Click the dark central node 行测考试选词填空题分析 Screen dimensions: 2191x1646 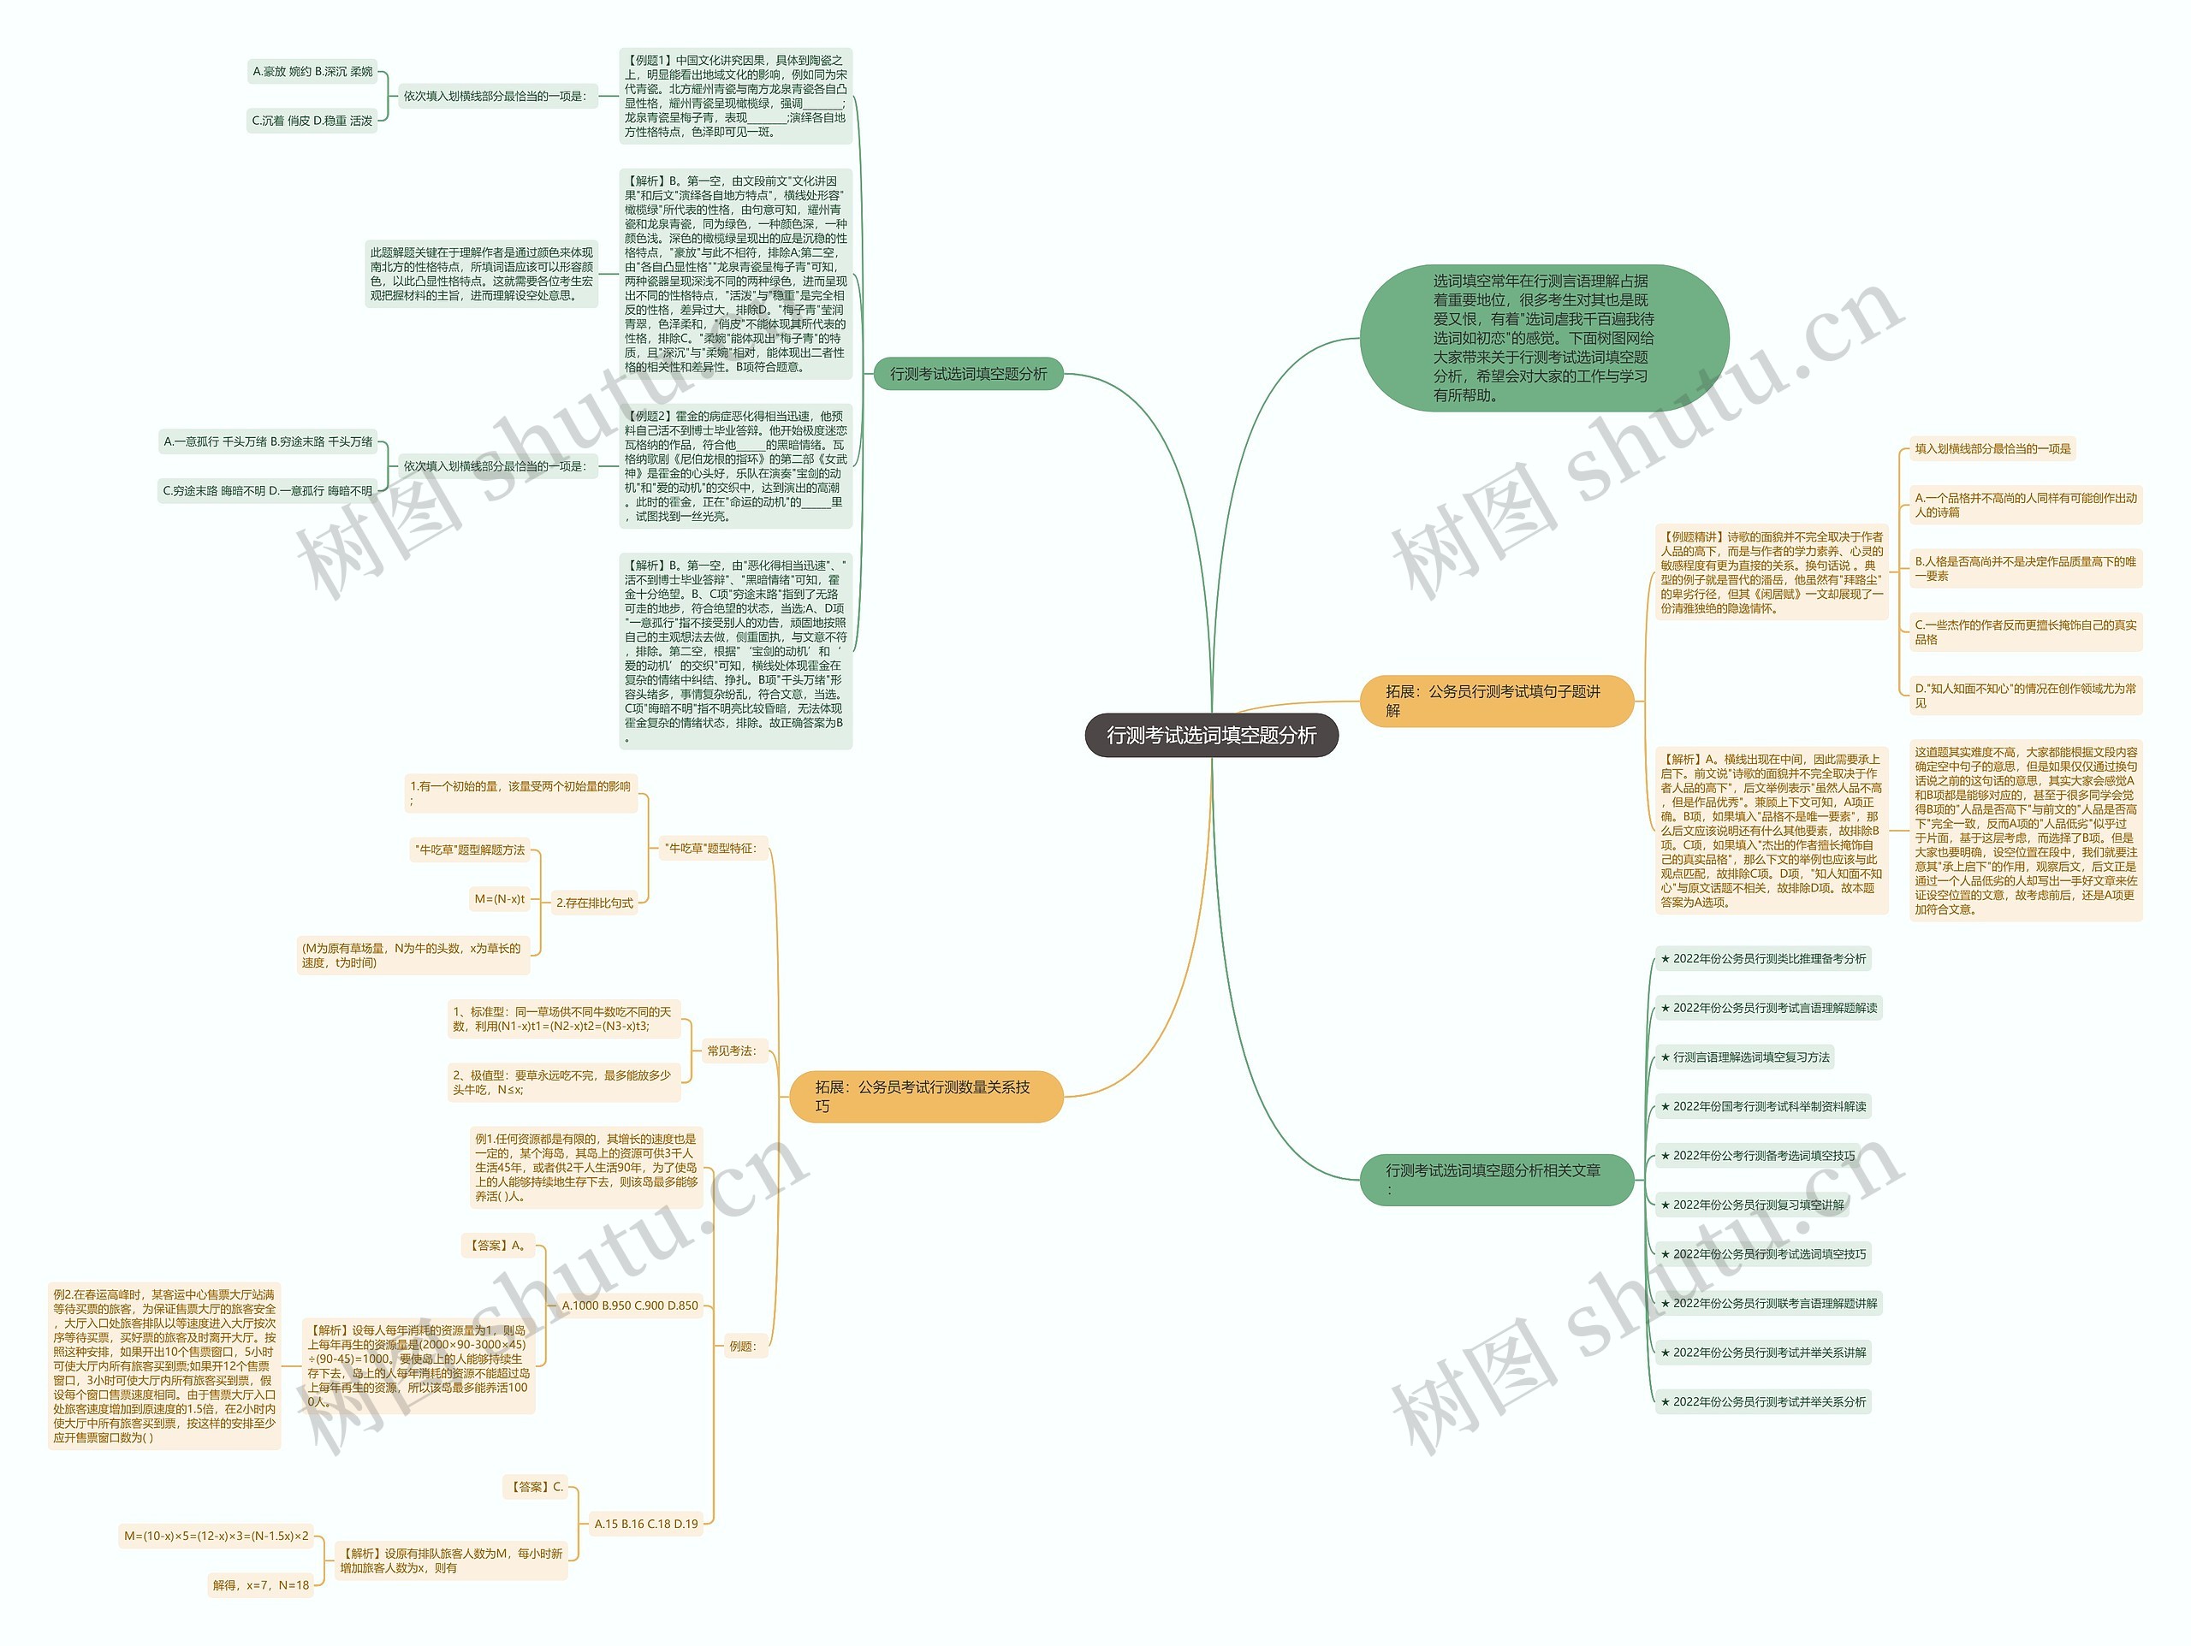[1210, 735]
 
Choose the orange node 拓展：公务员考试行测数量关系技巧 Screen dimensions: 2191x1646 [925, 1097]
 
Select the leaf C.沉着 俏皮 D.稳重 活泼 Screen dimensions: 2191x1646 [312, 121]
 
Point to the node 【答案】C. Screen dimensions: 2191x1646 [537, 1487]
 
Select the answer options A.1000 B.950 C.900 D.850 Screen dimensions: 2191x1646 [630, 1306]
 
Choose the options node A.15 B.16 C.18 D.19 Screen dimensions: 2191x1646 [646, 1525]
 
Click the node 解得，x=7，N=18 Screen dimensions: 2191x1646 [260, 1584]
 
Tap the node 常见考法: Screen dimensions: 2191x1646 [731, 1051]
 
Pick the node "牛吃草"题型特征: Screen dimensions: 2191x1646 [711, 848]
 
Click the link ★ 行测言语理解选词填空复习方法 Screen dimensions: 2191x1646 [1744, 1057]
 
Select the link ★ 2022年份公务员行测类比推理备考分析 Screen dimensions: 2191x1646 [1763, 959]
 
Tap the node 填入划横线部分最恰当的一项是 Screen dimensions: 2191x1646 [1992, 448]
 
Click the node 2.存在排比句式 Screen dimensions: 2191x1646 [594, 903]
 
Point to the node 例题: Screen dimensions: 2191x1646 [743, 1346]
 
